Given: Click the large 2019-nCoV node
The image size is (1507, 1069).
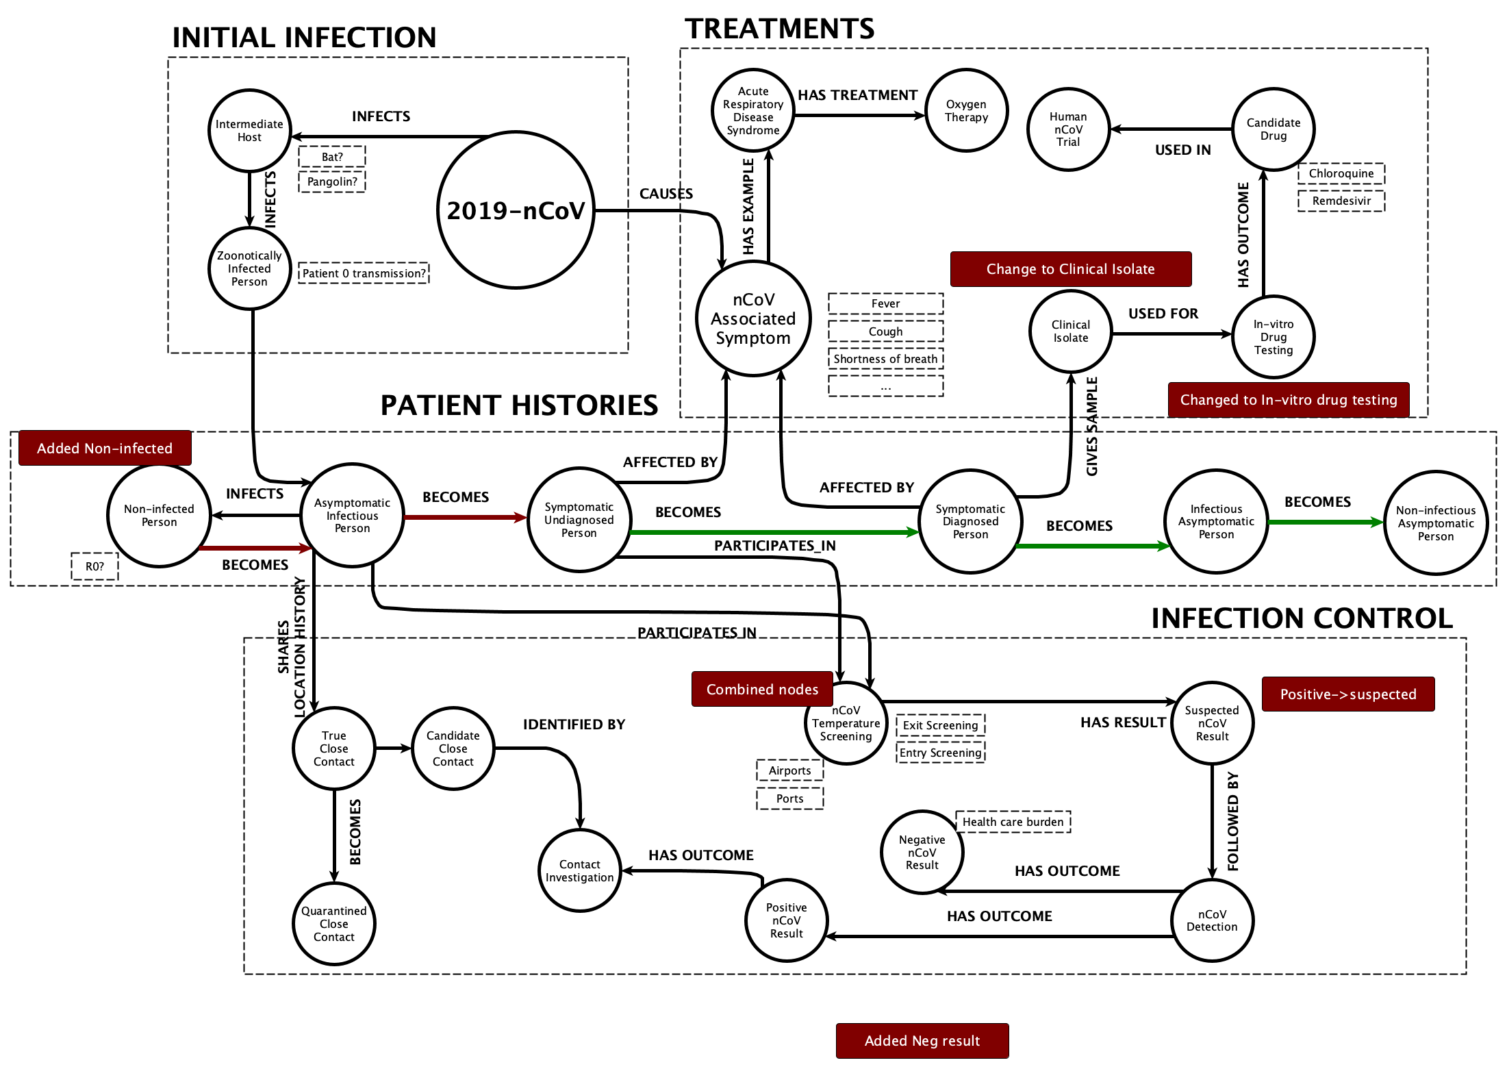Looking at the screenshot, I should click(516, 210).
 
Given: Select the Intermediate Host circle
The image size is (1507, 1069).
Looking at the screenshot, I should click(249, 130).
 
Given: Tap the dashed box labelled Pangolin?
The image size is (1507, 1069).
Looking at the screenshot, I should click(332, 181).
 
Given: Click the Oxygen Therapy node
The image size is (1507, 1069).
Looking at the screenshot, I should click(966, 110).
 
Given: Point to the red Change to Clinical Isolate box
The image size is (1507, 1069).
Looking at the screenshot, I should click(1070, 269).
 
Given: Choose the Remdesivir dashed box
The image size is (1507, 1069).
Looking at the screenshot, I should click(1341, 201).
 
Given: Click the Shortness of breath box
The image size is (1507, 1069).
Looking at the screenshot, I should click(885, 359).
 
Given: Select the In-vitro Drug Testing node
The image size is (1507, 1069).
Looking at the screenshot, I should click(1273, 336).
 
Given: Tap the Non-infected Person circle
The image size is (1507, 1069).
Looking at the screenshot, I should click(159, 516).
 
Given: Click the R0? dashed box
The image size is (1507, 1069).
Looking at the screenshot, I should click(94, 566).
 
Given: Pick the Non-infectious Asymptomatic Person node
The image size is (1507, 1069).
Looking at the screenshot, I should click(1435, 523).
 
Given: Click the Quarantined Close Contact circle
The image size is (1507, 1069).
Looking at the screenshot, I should click(333, 924).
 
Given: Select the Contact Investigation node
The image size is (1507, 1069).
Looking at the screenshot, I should click(579, 870).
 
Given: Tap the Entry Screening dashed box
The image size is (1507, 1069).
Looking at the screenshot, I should click(940, 753).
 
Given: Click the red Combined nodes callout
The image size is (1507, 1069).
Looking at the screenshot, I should click(762, 689).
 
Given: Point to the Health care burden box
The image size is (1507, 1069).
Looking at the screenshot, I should click(1013, 822).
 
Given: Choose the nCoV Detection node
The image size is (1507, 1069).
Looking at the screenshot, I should click(1211, 920).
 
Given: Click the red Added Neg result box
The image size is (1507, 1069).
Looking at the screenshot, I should click(922, 1040).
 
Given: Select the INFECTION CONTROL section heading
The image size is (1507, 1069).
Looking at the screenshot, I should click(1301, 618).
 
